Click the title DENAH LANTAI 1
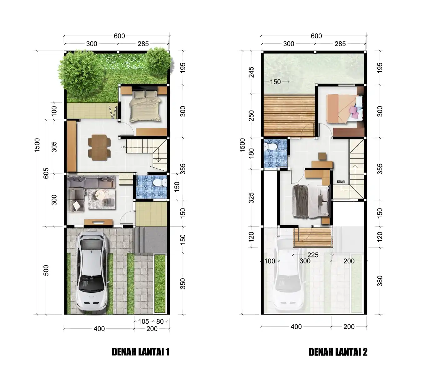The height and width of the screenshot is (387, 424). [x=140, y=352]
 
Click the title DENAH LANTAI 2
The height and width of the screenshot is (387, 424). [x=338, y=352]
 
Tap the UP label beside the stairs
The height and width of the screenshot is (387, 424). [x=123, y=147]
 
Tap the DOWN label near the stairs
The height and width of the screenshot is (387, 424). [x=341, y=182]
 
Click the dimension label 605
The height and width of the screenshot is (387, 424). [x=46, y=174]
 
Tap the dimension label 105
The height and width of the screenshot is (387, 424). [x=143, y=321]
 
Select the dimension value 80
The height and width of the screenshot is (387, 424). [x=160, y=321]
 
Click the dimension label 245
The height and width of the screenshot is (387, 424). [x=251, y=72]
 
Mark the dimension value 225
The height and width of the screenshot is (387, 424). [x=313, y=255]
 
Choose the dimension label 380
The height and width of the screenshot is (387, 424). [x=380, y=281]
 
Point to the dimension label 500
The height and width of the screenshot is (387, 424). [x=46, y=270]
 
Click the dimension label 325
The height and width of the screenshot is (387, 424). [x=251, y=198]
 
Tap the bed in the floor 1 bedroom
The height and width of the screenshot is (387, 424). [x=145, y=105]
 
